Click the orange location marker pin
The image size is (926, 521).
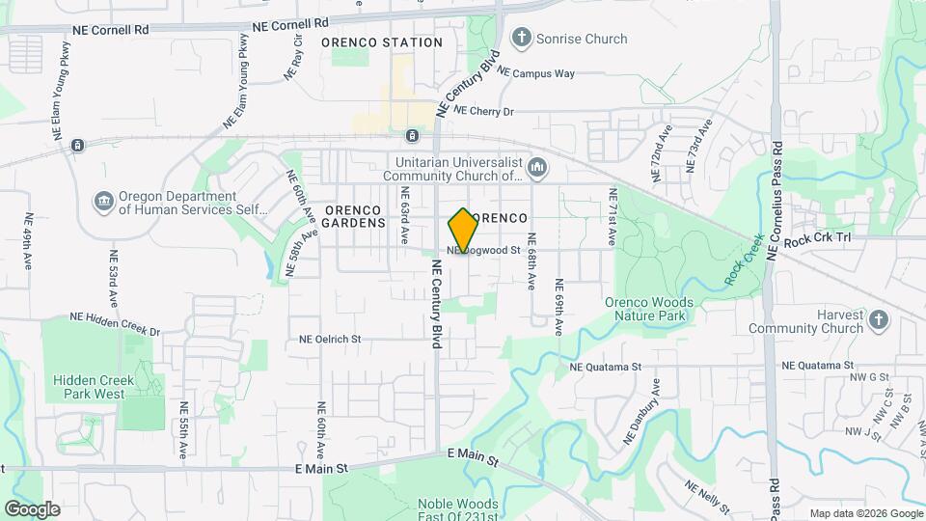coord(463,230)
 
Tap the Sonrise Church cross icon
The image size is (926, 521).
coord(522,39)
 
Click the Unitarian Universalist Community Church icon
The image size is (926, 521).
coord(537,169)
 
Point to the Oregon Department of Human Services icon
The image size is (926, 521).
coord(103,202)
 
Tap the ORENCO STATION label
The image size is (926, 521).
coord(381,42)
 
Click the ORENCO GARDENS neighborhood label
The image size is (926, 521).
coord(355,216)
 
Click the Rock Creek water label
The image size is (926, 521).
coord(744,259)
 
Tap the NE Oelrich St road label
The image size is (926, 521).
coord(329,340)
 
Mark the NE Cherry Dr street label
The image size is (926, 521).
coord(484,112)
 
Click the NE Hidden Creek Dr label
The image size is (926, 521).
coord(115,323)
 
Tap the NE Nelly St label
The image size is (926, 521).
coord(706,497)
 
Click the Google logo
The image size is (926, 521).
coord(32,508)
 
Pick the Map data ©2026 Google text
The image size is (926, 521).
coord(865,513)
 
